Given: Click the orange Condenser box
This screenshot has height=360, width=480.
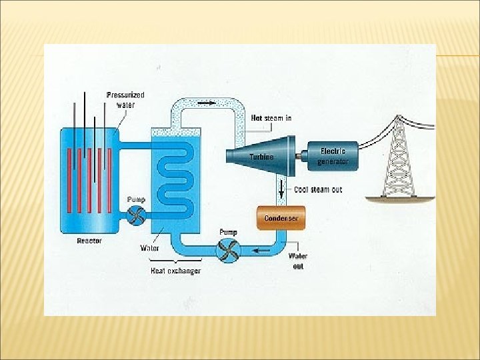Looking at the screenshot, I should tap(281, 218).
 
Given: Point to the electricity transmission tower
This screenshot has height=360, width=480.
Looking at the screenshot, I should tap(399, 159).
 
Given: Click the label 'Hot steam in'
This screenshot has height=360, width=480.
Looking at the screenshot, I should tap(271, 118).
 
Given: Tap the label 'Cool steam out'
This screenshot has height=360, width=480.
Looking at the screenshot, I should tap(318, 189).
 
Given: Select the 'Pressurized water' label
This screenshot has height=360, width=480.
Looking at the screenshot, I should tap(125, 100).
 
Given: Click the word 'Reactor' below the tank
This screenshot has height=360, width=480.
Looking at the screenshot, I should tap(89, 240).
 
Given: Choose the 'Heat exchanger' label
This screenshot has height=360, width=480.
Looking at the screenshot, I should tap(175, 271).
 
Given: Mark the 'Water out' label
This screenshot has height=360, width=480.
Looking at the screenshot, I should tap(298, 261).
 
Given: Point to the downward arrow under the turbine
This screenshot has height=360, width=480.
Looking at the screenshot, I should tap(281, 188).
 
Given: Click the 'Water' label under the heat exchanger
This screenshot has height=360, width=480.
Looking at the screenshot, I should tap(149, 248).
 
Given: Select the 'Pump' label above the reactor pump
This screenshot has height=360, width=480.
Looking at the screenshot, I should tap(136, 199).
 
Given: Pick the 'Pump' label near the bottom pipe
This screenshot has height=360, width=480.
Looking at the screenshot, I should tap(229, 232).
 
